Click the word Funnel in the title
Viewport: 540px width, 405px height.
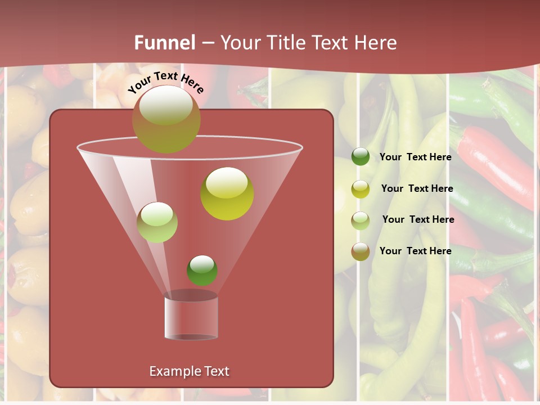pos(165,43)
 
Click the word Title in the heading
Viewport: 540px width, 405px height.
pos(284,43)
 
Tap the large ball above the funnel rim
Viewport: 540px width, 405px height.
pos(166,119)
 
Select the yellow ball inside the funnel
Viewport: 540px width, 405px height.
pos(227,193)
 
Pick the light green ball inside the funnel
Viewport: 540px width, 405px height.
pos(157,222)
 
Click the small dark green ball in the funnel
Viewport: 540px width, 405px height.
pos(202,270)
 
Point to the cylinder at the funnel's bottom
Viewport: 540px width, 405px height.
pos(191,317)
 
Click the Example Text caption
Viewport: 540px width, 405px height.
pos(189,371)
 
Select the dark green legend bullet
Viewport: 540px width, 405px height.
pos(360,157)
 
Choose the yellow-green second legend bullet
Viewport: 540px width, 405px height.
pos(360,189)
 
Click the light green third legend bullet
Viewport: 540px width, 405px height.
pos(360,220)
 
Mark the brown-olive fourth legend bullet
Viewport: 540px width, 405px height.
pos(360,251)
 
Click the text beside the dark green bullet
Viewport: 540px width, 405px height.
pos(415,157)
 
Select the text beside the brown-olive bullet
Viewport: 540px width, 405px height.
pos(415,251)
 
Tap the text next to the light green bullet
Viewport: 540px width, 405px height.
pos(418,219)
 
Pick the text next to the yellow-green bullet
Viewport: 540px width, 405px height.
pos(417,188)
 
